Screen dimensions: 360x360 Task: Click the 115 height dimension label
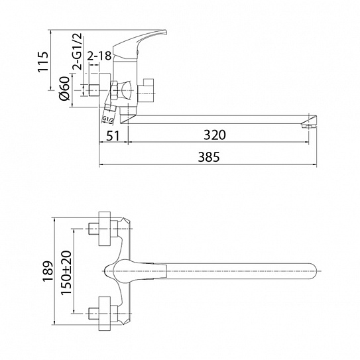[x=43, y=62]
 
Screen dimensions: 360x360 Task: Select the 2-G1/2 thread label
[x=78, y=52]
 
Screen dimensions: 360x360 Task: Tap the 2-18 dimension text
[x=99, y=56]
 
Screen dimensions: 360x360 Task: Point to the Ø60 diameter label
[x=64, y=88]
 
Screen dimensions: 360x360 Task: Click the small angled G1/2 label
[x=107, y=119]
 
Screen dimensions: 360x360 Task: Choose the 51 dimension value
[x=113, y=135]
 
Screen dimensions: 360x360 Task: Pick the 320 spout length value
[x=215, y=135]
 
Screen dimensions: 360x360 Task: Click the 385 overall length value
[x=209, y=157]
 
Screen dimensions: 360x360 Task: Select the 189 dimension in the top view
[x=48, y=271]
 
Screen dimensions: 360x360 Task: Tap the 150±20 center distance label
[x=66, y=272]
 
